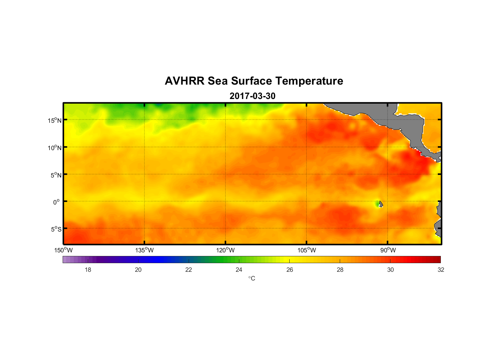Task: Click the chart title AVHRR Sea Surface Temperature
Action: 254,81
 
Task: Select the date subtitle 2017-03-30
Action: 252,96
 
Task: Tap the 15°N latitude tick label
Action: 55,120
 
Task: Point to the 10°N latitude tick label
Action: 55,148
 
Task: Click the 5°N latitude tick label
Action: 56,175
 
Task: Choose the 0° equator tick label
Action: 57,202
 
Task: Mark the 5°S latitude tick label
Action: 56,229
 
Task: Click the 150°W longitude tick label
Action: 63,250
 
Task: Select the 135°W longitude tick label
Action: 144,250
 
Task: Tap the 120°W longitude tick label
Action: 225,250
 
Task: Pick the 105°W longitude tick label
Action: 307,250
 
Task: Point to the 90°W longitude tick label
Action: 388,250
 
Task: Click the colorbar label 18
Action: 88,270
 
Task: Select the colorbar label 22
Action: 189,270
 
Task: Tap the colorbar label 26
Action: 290,270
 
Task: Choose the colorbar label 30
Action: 390,270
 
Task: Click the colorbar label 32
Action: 441,270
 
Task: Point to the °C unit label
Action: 252,278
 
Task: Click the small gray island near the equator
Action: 381,204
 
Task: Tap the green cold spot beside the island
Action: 377,204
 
